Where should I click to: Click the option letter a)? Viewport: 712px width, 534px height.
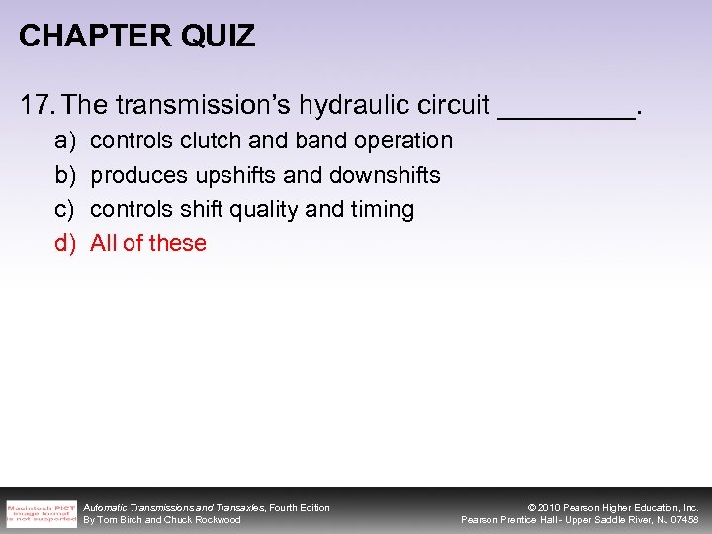[64, 141]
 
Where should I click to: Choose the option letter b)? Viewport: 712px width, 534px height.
[64, 176]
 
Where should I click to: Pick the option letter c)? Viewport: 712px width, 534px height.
[64, 210]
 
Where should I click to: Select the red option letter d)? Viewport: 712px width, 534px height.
[64, 244]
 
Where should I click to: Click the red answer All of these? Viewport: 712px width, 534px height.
[148, 244]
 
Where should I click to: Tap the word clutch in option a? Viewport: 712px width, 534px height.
[205, 141]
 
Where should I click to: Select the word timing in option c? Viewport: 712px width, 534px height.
[381, 210]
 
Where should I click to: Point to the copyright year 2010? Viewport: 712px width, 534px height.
[550, 507]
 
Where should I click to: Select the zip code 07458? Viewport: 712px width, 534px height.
[682, 520]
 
